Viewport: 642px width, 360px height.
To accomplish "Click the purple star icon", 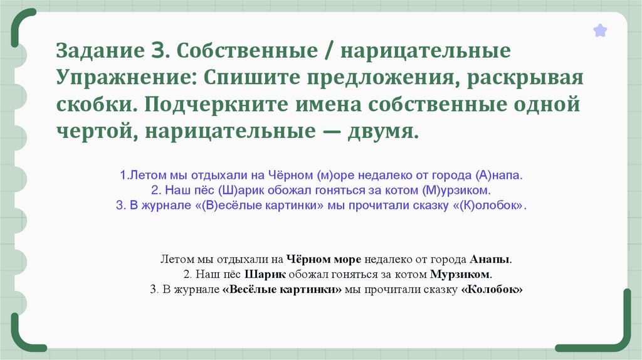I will (600, 30).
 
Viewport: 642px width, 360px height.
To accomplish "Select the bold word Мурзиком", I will (461, 275).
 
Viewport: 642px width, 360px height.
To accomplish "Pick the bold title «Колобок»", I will (492, 290).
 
